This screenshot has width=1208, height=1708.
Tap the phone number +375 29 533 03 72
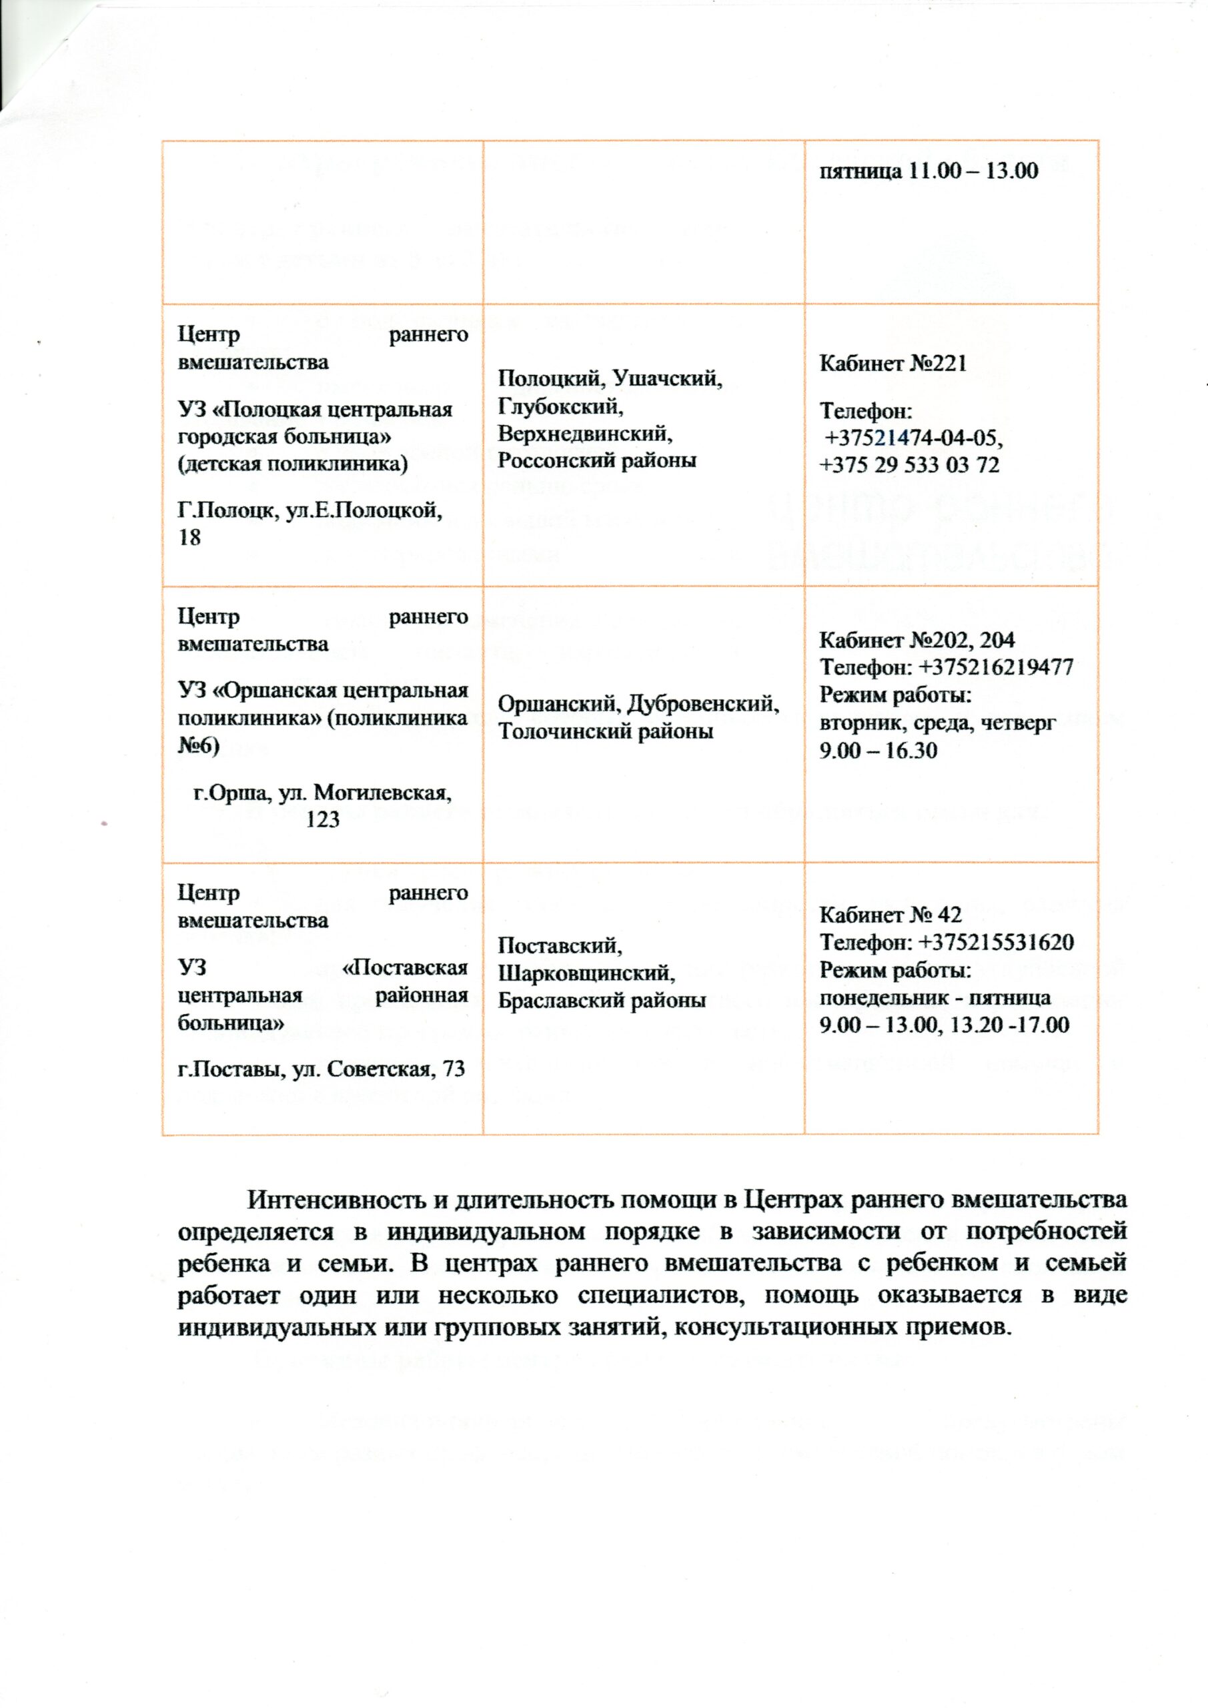pyautogui.click(x=909, y=465)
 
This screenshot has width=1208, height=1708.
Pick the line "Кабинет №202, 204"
pyautogui.click(x=917, y=640)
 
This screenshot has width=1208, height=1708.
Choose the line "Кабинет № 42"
pyautogui.click(x=890, y=914)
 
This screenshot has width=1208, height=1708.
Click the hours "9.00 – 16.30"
pyautogui.click(x=878, y=750)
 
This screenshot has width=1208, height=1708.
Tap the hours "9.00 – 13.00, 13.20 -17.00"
pyautogui.click(x=944, y=1024)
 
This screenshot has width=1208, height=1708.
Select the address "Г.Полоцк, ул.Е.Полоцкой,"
pyautogui.click(x=310, y=511)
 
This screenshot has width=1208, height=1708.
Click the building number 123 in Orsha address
pyautogui.click(x=323, y=820)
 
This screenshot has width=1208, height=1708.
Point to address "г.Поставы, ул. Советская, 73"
pyautogui.click(x=322, y=1069)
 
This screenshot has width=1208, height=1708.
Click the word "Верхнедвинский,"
pyautogui.click(x=586, y=433)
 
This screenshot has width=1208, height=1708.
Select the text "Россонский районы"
pyautogui.click(x=596, y=460)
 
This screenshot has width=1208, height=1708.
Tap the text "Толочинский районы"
pyautogui.click(x=606, y=731)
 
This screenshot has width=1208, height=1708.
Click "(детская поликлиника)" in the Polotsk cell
pyautogui.click(x=292, y=464)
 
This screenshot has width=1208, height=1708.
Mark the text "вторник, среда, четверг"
pyautogui.click(x=937, y=723)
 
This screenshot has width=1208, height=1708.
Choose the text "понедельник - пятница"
pyautogui.click(x=935, y=997)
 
